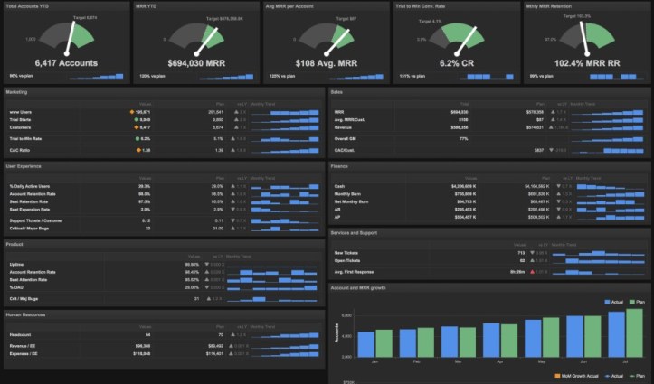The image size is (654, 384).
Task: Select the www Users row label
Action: pos(20,111)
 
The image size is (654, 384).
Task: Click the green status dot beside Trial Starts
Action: pos(135,119)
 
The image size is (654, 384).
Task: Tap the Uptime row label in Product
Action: pos(15,264)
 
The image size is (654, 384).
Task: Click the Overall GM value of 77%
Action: pos(464,138)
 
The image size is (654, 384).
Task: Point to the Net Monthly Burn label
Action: pos(353,201)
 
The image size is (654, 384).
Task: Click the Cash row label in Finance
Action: pos(338,186)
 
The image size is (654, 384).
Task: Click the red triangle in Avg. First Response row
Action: pos(534,271)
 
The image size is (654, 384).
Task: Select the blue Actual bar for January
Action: pos(366,343)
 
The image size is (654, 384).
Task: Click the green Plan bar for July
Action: pos(634,332)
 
